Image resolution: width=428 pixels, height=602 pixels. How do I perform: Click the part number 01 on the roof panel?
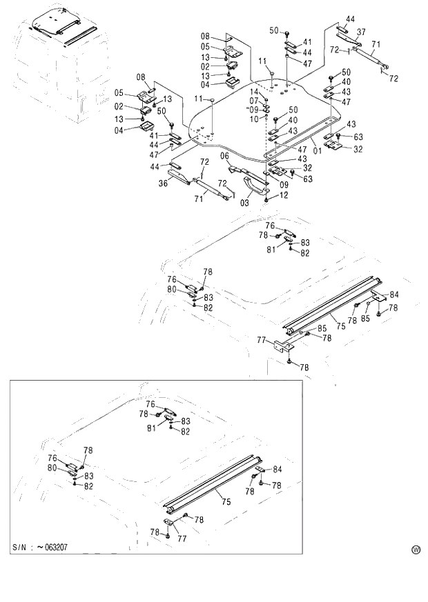(x=317, y=148)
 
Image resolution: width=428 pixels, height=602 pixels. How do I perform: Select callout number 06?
(x=224, y=156)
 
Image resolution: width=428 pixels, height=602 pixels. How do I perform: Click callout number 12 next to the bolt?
(x=284, y=197)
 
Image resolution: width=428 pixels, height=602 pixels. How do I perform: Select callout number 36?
(x=164, y=183)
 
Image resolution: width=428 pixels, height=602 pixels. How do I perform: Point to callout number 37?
(x=360, y=32)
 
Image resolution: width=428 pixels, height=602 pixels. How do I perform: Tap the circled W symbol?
(x=416, y=550)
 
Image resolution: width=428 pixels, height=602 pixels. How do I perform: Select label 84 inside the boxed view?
(x=278, y=470)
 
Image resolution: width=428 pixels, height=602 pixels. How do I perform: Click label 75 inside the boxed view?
(x=217, y=494)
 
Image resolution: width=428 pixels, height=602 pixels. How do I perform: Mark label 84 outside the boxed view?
(x=393, y=295)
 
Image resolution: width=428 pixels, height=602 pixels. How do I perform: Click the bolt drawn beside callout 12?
(x=266, y=197)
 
